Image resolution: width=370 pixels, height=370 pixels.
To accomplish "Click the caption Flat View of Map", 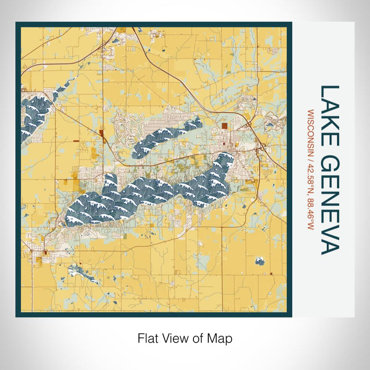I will tap(184, 337).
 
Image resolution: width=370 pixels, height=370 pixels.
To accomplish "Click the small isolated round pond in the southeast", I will tap(260, 261).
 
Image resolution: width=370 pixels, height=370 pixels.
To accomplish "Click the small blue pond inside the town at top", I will tap(114, 39).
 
